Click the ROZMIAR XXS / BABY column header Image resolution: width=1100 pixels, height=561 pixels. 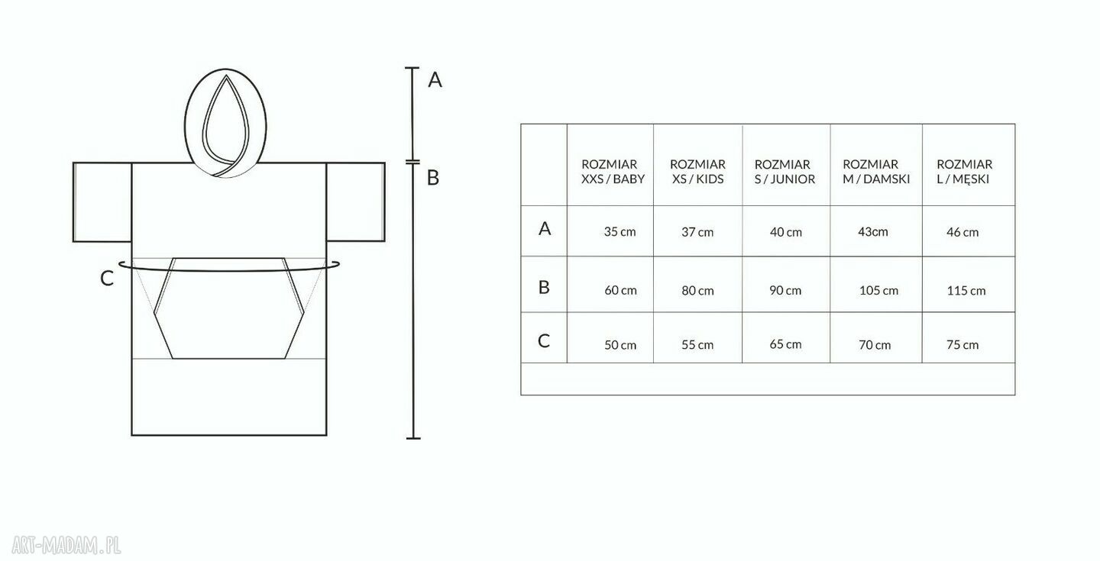click(613, 172)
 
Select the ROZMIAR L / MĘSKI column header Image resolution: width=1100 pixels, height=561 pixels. click(964, 172)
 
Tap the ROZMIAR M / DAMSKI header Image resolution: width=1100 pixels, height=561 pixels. click(876, 172)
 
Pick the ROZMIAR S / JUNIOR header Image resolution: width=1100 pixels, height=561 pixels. click(785, 172)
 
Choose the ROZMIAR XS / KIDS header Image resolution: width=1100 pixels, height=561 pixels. click(698, 172)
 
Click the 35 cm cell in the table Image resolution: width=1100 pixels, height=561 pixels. click(620, 232)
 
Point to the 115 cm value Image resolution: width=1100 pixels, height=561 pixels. click(966, 291)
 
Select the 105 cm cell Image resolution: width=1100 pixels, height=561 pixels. click(878, 291)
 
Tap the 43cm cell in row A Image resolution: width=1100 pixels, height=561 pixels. click(872, 232)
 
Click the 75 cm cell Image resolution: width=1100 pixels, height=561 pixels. click(962, 345)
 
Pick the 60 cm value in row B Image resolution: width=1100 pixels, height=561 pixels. click(620, 291)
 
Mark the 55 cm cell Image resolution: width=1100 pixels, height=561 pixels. click(697, 345)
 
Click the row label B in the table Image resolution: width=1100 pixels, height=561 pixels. click(544, 287)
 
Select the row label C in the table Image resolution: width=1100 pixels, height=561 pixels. click(544, 340)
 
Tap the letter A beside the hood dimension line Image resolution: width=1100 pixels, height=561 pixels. click(435, 79)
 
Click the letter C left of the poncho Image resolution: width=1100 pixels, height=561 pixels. click(107, 279)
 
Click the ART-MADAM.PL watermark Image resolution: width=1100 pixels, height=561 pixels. click(66, 545)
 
